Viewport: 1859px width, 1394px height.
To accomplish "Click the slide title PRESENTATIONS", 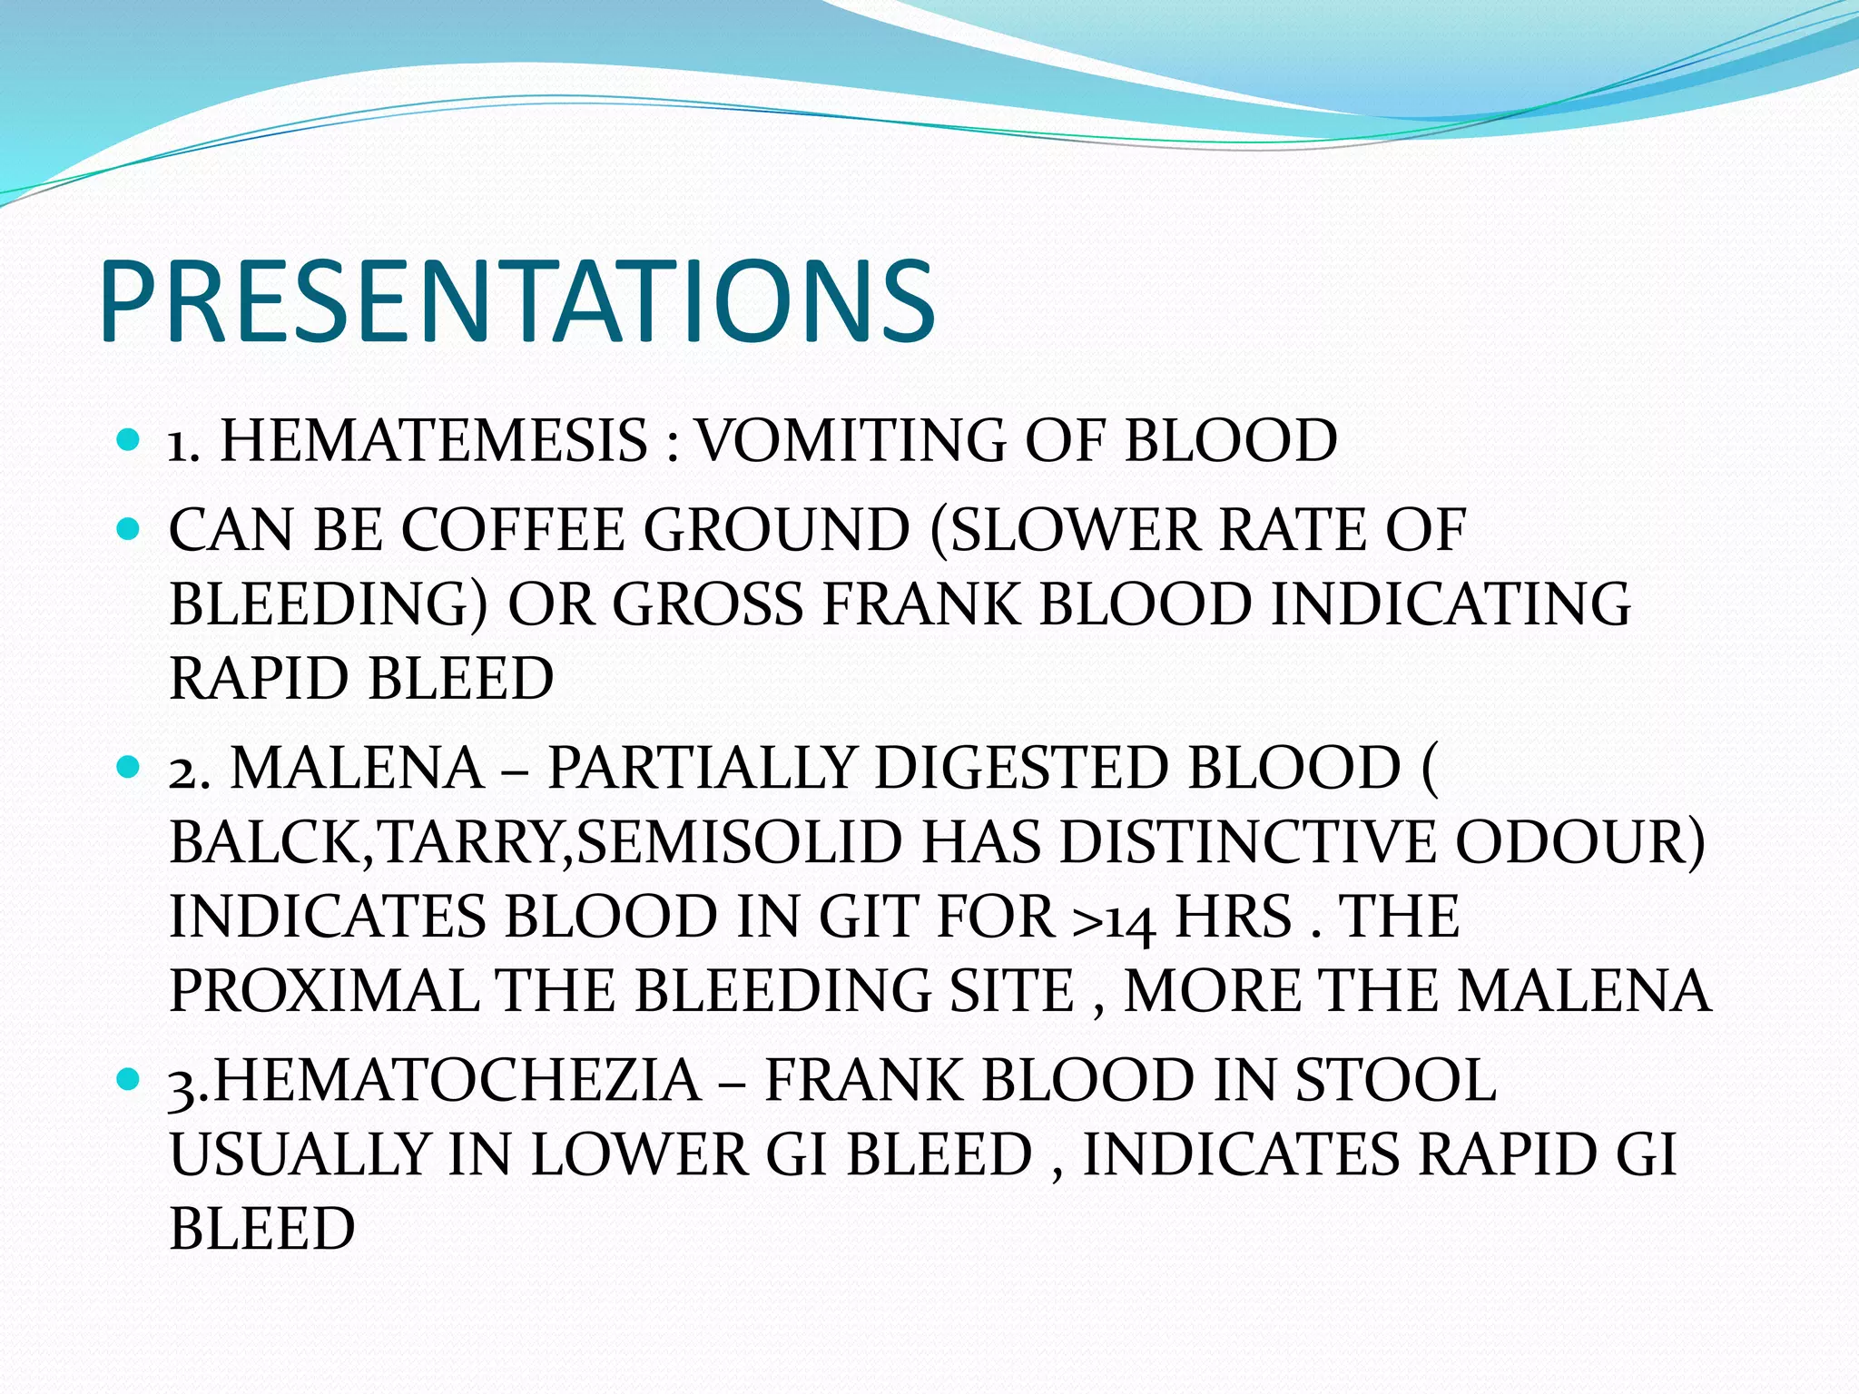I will tap(517, 301).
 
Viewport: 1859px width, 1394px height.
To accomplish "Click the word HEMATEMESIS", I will tap(434, 442).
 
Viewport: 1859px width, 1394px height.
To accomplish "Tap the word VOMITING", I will tap(849, 442).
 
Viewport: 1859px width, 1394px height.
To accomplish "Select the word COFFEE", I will tap(513, 530).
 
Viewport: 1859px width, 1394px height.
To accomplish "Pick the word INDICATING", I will tap(1450, 604).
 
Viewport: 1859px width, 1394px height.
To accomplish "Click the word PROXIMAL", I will tap(324, 991).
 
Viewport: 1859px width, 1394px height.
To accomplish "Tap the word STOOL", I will tap(1394, 1082).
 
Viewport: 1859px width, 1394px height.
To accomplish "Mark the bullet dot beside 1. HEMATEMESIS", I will tap(128, 442).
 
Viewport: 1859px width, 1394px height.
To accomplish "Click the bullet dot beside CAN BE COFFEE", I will tap(128, 528).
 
